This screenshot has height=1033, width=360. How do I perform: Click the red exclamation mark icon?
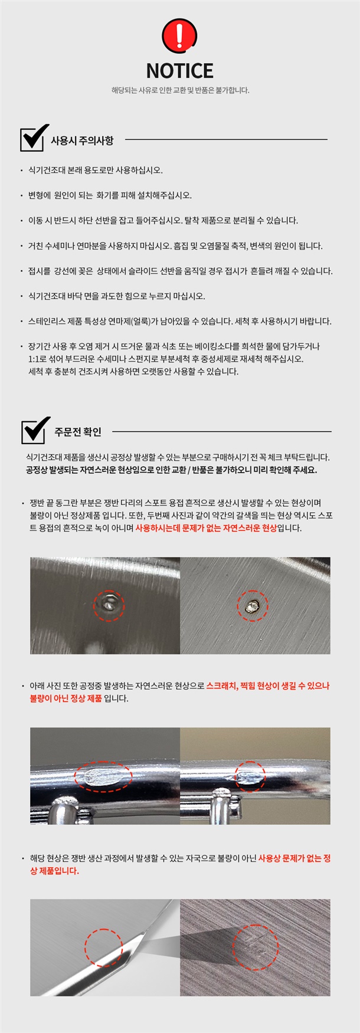179,35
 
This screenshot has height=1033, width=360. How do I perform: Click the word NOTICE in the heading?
180,71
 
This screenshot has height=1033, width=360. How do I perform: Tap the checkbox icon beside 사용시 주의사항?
34,138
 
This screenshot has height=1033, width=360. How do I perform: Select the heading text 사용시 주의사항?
82,141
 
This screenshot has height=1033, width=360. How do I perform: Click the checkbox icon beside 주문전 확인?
35,430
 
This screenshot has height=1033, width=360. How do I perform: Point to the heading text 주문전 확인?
78,432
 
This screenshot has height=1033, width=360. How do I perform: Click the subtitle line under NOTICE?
180,90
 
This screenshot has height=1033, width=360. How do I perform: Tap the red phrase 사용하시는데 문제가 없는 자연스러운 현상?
206,528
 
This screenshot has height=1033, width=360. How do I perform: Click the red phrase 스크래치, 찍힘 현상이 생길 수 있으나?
268,686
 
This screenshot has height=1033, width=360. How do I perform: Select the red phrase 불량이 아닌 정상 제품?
66,698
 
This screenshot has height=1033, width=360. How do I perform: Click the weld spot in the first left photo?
109,604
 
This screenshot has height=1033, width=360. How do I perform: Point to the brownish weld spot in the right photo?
253,605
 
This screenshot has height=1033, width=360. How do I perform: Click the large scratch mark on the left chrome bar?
103,776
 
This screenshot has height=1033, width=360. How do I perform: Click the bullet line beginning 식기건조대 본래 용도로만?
96,170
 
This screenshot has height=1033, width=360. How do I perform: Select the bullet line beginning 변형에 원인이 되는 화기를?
110,195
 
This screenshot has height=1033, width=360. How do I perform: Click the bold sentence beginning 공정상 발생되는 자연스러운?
171,470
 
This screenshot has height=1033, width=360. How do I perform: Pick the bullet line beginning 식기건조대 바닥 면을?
117,296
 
